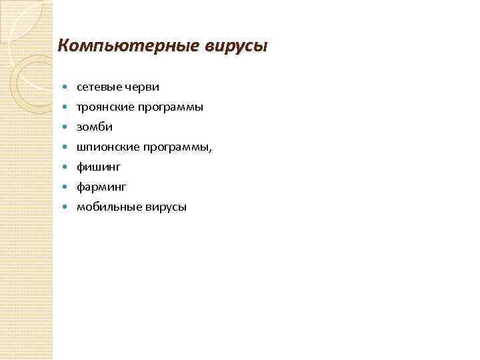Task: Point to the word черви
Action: (140, 87)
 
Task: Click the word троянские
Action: (103, 107)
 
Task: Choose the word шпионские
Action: (104, 147)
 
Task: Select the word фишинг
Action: (99, 167)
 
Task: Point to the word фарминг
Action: (101, 187)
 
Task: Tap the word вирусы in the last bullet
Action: (162, 207)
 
